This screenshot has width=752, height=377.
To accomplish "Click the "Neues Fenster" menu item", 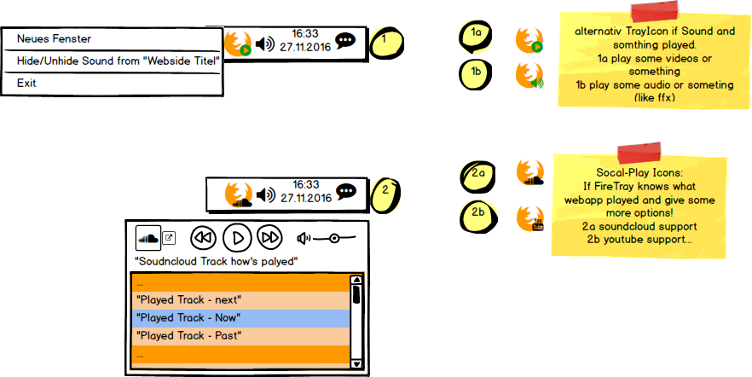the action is [x=54, y=39].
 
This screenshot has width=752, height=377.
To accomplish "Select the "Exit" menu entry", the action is [x=26, y=84].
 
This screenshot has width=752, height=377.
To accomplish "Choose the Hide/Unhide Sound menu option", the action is [x=118, y=61].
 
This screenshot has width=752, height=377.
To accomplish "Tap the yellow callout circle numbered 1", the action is [x=385, y=41].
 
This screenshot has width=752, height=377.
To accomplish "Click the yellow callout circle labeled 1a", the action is [x=477, y=35].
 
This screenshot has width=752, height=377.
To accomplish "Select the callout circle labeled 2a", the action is [x=477, y=175].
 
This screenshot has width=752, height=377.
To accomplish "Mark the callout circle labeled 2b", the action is [x=477, y=213].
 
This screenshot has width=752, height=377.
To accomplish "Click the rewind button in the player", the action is [x=202, y=237].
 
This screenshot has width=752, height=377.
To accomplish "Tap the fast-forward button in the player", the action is [x=269, y=237].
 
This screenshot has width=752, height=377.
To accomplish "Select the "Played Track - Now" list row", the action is [x=240, y=318].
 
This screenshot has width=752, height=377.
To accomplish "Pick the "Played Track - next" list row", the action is [x=240, y=300].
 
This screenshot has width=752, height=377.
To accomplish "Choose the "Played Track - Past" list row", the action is [x=240, y=336].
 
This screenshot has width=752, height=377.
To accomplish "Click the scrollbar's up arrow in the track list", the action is [x=356, y=280].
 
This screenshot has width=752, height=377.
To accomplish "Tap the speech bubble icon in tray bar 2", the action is [x=345, y=192].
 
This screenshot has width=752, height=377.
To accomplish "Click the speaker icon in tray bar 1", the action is [x=265, y=44].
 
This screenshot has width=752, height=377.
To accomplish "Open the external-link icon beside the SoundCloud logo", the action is [x=169, y=238].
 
